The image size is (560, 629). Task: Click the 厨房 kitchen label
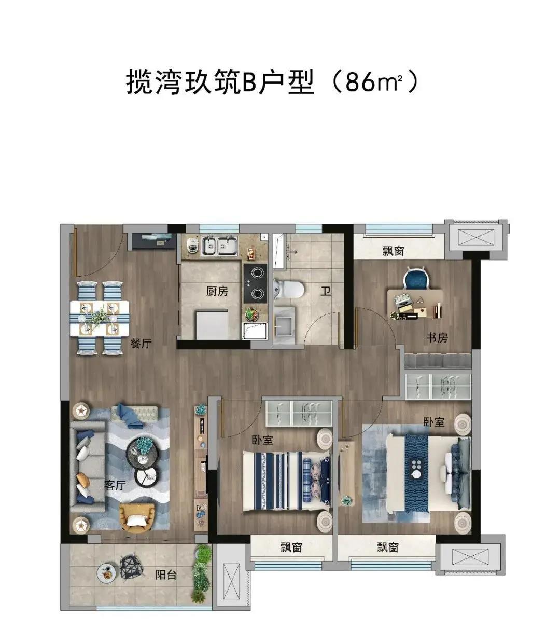217,291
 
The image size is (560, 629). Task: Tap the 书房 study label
437,337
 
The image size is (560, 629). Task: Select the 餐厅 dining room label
141,344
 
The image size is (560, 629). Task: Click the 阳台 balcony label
166,576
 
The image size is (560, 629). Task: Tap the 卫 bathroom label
326,291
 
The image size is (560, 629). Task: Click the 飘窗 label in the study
394,251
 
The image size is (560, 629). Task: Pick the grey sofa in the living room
88,471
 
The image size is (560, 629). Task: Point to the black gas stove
255,283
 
